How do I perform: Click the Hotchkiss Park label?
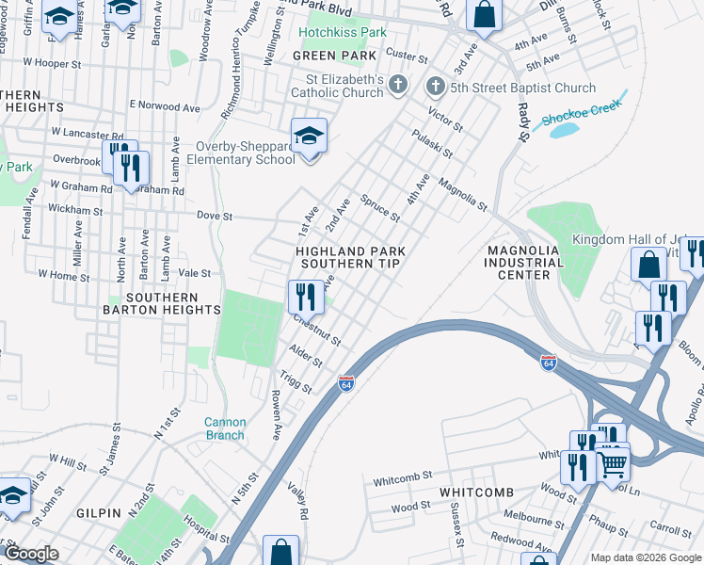342,32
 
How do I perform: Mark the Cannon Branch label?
226,428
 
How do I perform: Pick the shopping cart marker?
613,462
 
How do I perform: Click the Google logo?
31,554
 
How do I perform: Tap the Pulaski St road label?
433,143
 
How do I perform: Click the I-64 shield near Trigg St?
345,382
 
